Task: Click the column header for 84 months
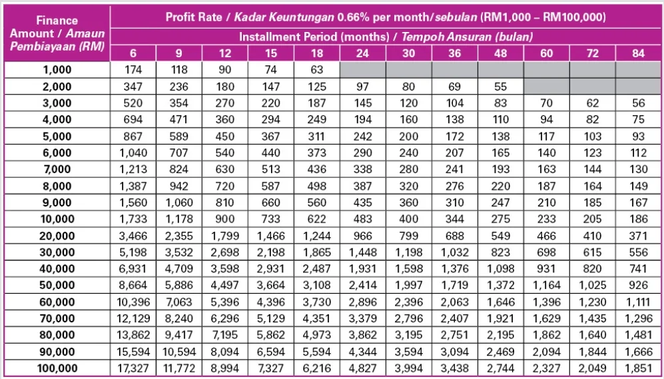638,53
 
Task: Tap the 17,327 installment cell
133,368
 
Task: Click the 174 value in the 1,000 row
133,69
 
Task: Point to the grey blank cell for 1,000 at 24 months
362,69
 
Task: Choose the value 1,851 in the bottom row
638,368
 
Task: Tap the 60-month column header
546,53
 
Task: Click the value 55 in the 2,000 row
500,87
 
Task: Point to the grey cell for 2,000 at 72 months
592,87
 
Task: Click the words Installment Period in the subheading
288,36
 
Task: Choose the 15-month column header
270,53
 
